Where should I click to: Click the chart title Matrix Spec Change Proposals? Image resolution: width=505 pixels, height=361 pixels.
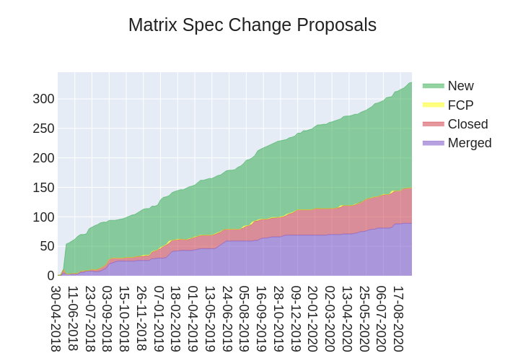pyautogui.click(x=252, y=25)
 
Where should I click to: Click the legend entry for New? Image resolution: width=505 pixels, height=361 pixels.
pyautogui.click(x=460, y=86)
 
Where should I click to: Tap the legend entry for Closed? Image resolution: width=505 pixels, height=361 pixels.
pyautogui.click(x=467, y=123)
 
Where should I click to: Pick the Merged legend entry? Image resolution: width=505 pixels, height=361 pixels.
pyautogui.click(x=469, y=142)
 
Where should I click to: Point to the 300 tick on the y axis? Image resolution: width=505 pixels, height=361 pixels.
pyautogui.click(x=43, y=98)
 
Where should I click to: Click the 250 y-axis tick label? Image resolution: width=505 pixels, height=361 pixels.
pyautogui.click(x=43, y=128)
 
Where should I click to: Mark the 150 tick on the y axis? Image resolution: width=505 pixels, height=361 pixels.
pyautogui.click(x=43, y=187)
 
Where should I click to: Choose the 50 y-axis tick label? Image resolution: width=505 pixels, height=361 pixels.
pyautogui.click(x=46, y=246)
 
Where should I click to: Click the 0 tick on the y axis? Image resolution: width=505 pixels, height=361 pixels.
pyautogui.click(x=50, y=276)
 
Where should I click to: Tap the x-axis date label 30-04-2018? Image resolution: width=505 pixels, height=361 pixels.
pyautogui.click(x=56, y=318)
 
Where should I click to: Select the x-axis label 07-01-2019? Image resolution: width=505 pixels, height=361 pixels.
pyautogui.click(x=159, y=318)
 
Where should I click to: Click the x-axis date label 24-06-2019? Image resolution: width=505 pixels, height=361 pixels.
pyautogui.click(x=228, y=318)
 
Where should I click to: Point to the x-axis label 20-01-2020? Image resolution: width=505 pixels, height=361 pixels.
pyautogui.click(x=314, y=318)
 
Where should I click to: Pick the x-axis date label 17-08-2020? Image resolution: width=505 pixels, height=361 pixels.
pyautogui.click(x=399, y=318)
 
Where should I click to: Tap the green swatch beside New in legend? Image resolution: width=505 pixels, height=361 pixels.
pyautogui.click(x=433, y=86)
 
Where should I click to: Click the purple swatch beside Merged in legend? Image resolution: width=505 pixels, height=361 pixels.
pyautogui.click(x=433, y=142)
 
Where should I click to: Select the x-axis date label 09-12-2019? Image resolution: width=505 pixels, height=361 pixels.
pyautogui.click(x=297, y=318)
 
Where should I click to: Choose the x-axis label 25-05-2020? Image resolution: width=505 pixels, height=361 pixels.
pyautogui.click(x=365, y=318)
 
